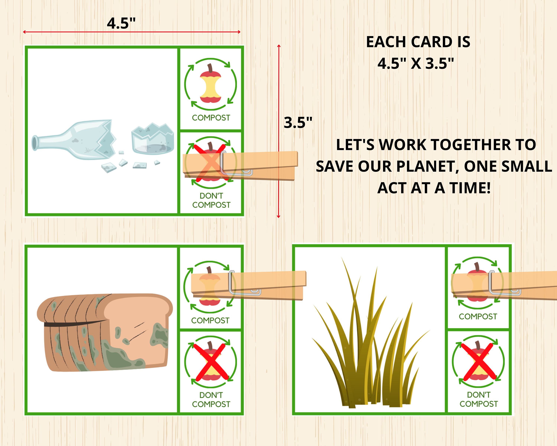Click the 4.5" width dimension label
pos(121,23)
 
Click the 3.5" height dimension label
pos(298,122)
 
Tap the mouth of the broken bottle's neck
pos(34,143)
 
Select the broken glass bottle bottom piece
pos(152,140)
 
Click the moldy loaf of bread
pos(105,332)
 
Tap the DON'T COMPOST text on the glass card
pos(211,200)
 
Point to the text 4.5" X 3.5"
pos(416,63)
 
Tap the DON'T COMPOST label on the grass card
pos(478,399)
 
